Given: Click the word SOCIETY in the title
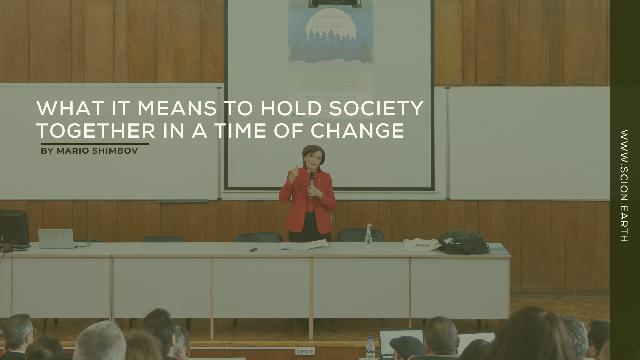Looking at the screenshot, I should pos(376,108).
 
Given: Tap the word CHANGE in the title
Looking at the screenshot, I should pos(357,130).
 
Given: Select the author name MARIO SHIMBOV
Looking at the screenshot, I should pos(97,151).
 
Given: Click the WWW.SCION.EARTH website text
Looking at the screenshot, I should pos(624,186).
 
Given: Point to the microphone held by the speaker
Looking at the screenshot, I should pos(312,182).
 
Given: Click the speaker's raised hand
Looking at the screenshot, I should pos(293,172).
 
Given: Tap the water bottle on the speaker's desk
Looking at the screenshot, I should pos(368,235).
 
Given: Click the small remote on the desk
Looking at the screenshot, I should pos(253,249).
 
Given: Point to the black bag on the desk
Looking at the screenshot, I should pos(463,242).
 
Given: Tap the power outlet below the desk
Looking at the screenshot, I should pos(306,351).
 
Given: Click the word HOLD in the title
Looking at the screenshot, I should pos(291,108).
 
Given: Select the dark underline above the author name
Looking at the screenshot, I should pos(95,144).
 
